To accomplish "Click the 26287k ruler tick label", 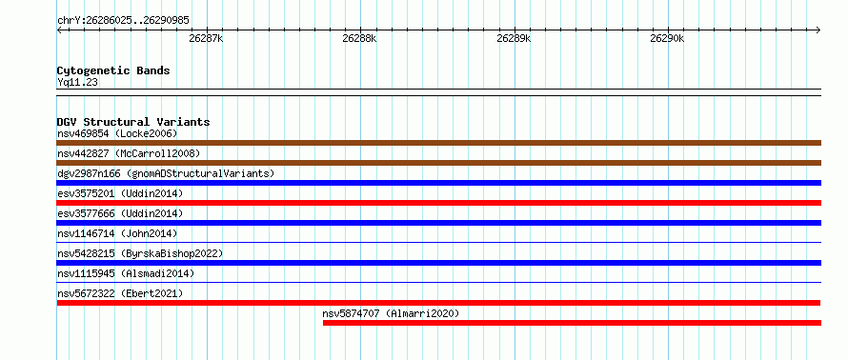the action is point(206,39).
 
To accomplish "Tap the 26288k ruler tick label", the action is point(359,39).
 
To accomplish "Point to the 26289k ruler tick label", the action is point(514,39).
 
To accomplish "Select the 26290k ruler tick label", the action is point(667,39).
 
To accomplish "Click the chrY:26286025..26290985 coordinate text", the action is point(123,21).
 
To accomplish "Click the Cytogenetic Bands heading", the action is point(113,70).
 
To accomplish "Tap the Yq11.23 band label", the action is point(77,83).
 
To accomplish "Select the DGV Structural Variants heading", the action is point(133,122).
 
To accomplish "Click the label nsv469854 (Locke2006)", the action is point(117,133).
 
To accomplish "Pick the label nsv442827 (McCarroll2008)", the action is point(129,153).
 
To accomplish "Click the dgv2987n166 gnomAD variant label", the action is point(166,173).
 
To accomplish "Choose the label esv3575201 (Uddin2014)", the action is point(120,193).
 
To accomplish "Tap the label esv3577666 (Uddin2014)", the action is point(120,213).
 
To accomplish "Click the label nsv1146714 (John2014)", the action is point(117,233).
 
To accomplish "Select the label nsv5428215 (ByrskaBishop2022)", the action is point(140,253).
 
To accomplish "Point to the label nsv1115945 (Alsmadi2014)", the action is point(126,273).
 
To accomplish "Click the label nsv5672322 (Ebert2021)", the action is point(120,293).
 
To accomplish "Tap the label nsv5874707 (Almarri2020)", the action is point(391,313).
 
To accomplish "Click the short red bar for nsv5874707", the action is point(573,323).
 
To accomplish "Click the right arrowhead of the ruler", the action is point(818,30).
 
